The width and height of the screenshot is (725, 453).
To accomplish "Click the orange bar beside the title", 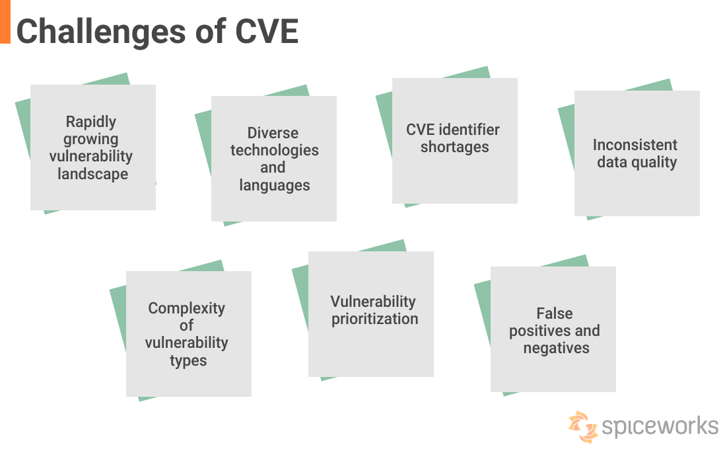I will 5,21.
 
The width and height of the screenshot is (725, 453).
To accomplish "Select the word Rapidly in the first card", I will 91,122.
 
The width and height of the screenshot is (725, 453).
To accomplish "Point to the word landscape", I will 92,174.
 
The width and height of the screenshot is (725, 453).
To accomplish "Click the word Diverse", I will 273,133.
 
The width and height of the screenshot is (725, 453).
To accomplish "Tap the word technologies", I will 274,150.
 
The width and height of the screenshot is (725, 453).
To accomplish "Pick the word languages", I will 274,185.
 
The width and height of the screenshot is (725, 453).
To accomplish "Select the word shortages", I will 455,147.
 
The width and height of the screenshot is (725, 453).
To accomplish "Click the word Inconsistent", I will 635,145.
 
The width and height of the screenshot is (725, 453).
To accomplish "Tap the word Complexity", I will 187,308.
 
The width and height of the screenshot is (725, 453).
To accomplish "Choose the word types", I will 188,360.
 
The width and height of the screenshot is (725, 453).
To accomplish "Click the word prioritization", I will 374,319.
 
